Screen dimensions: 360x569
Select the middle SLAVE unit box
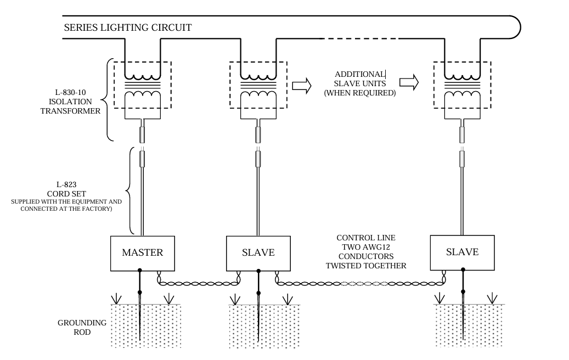258,254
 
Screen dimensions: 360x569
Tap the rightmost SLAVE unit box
463,252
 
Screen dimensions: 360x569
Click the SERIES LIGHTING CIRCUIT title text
128,27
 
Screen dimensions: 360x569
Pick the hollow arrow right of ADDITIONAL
409,82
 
